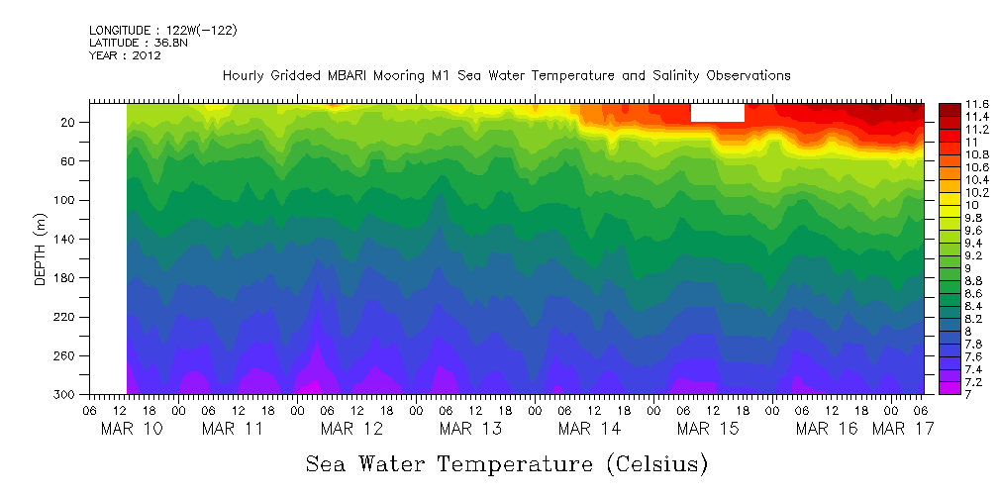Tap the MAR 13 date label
coord(470,429)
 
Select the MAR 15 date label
coord(707,429)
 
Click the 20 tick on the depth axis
coord(68,123)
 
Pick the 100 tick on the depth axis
coord(65,201)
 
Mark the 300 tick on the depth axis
coord(65,395)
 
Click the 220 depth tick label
coord(65,317)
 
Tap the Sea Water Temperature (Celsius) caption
coord(506,463)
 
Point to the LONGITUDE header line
coord(162,31)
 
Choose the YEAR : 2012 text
coord(125,55)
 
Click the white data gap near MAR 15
coord(717,112)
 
